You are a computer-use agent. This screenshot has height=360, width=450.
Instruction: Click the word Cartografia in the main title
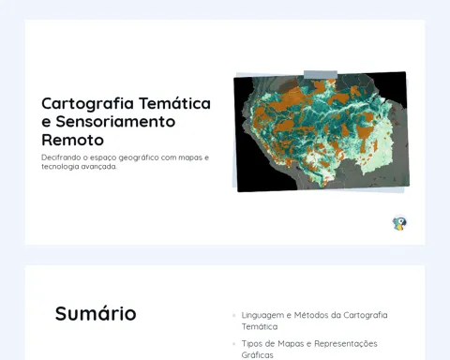[x=88, y=104]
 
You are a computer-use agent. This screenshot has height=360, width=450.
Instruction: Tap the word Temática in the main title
[x=175, y=103]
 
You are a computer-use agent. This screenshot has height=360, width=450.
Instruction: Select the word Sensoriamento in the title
[x=115, y=121]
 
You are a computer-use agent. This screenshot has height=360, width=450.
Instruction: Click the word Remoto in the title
[x=72, y=140]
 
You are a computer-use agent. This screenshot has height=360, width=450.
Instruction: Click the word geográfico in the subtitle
[x=139, y=157]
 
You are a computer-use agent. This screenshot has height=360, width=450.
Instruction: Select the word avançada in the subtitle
[x=98, y=167]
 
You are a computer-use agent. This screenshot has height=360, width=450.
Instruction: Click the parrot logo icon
[x=399, y=223]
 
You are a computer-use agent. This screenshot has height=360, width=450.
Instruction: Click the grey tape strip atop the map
[x=321, y=74]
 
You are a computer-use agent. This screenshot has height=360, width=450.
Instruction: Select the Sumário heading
[x=96, y=313]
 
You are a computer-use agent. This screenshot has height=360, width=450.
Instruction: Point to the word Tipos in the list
[x=251, y=344]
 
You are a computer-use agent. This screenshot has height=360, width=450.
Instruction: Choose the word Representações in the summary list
[x=346, y=344]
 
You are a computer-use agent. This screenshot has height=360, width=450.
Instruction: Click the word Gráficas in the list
[x=258, y=355]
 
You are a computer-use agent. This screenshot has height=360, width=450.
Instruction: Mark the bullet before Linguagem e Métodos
[x=234, y=315]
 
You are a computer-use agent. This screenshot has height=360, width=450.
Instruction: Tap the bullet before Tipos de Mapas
[x=234, y=344]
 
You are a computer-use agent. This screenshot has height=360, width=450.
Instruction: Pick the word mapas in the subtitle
[x=190, y=157]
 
